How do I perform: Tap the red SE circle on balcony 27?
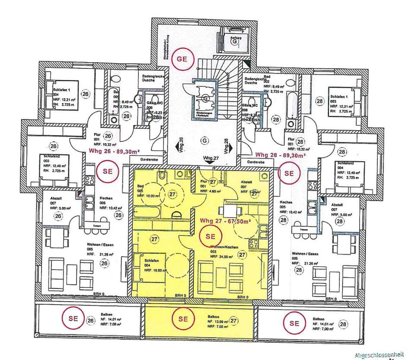[182, 319]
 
